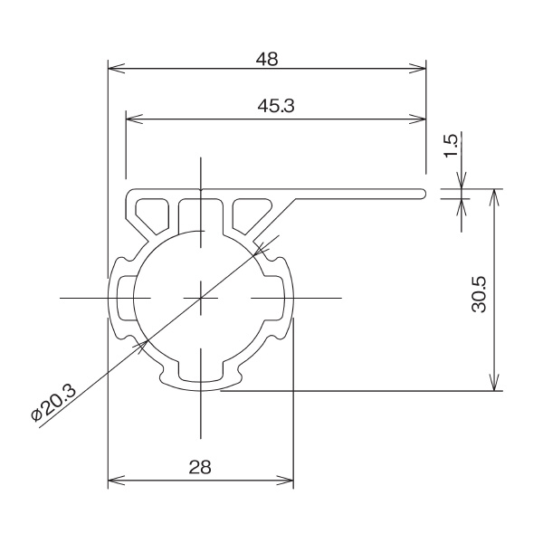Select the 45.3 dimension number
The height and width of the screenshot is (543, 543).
point(276,106)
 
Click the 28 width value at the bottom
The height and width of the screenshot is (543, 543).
point(200,467)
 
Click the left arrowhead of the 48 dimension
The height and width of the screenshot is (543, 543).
point(113,66)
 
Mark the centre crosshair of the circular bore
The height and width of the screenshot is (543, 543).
point(200,297)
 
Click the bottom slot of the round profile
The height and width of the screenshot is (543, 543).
point(200,372)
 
